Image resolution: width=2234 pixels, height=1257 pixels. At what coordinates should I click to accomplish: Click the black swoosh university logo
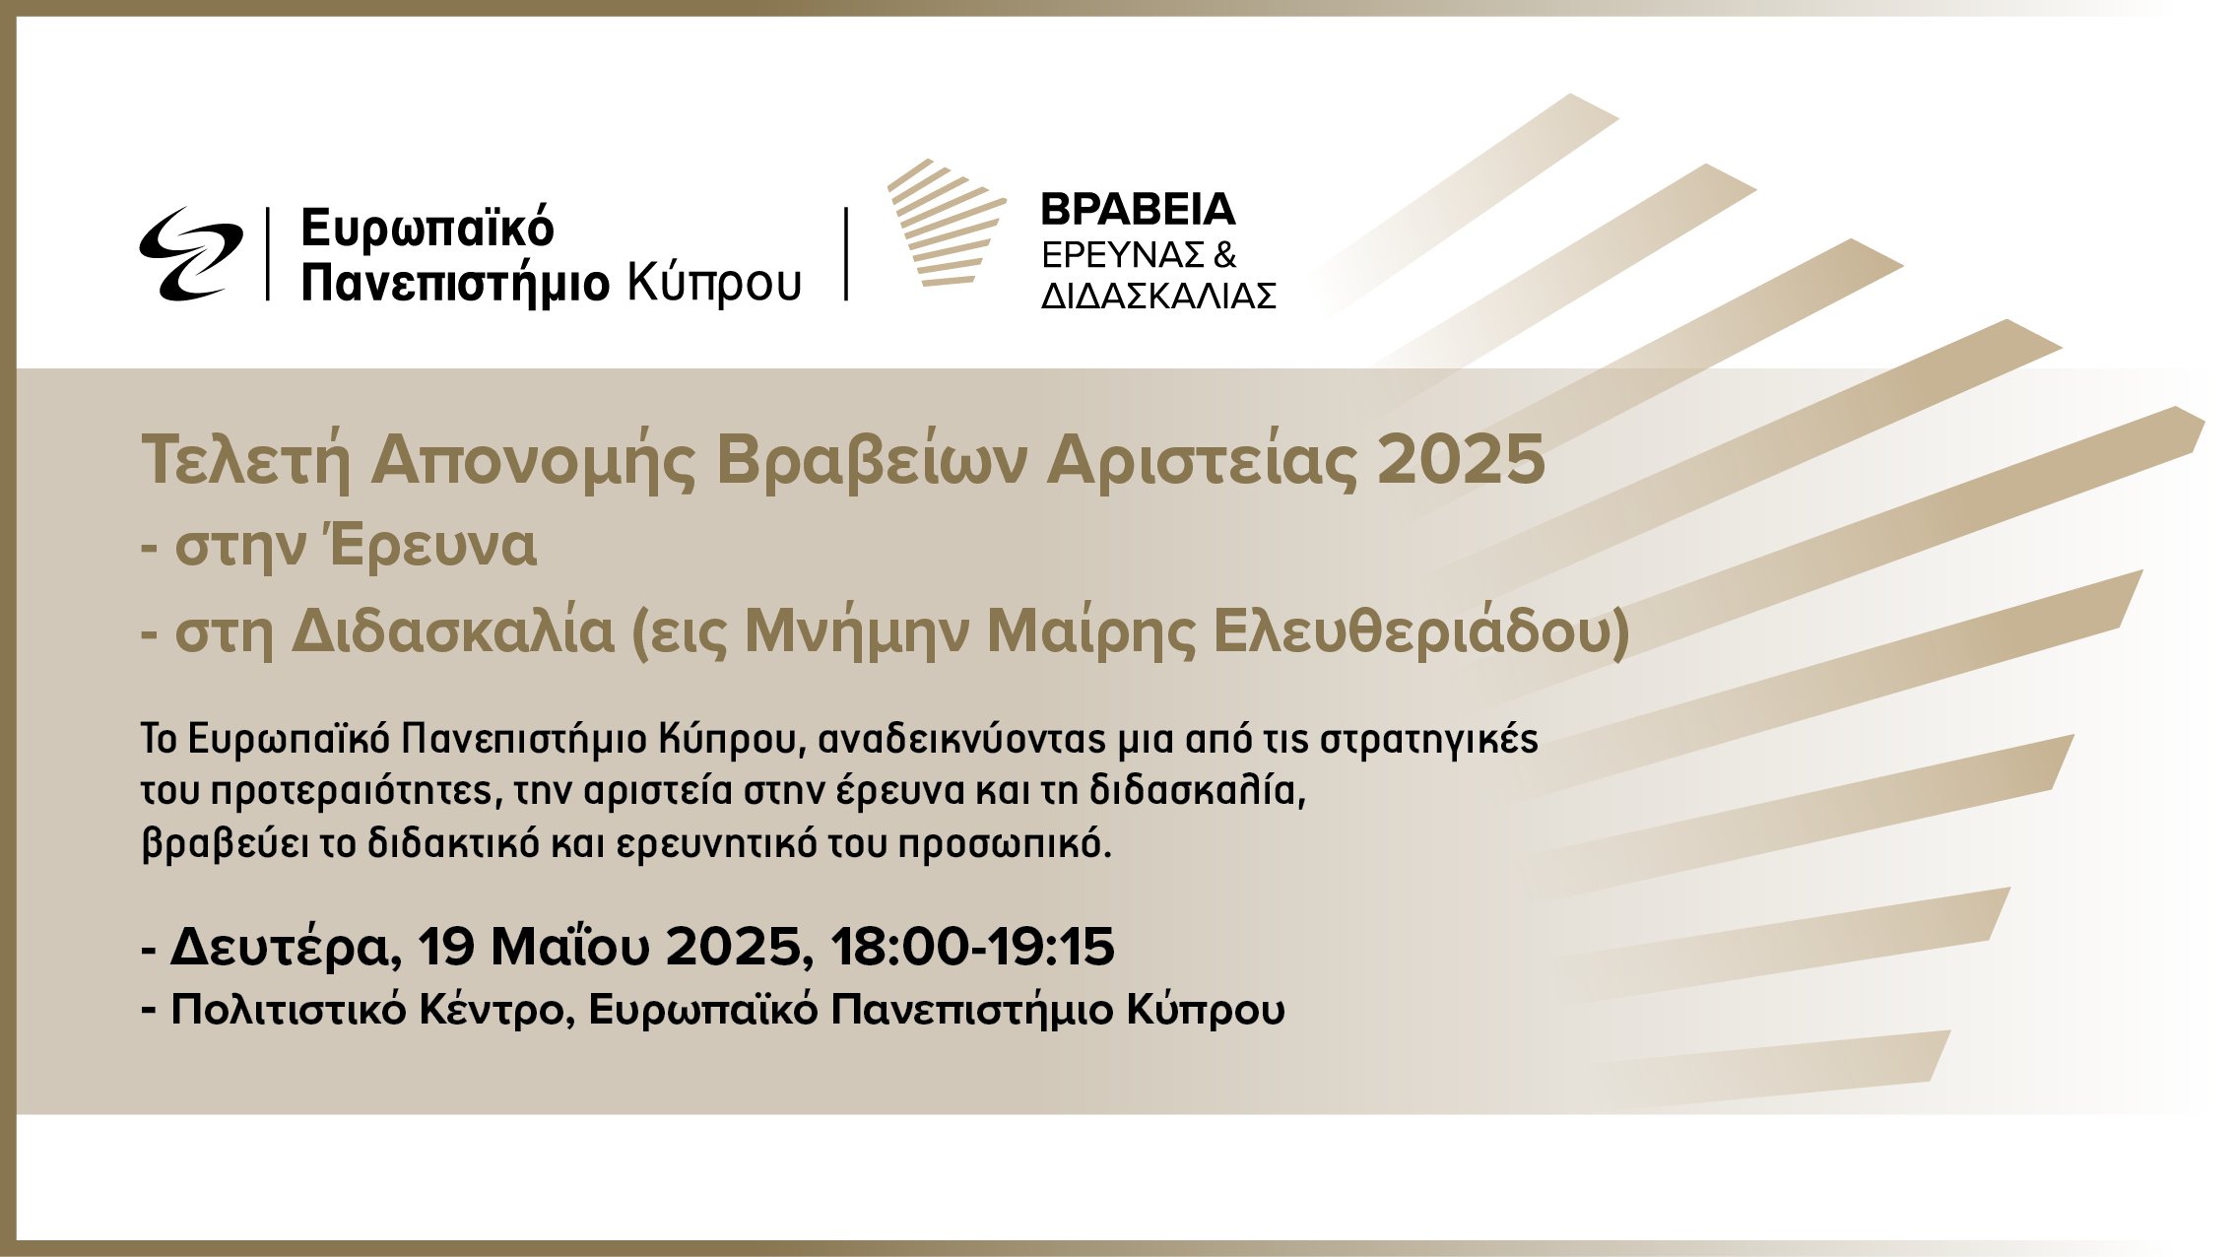(x=191, y=253)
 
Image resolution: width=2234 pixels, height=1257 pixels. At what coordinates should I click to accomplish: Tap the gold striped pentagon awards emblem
(x=947, y=224)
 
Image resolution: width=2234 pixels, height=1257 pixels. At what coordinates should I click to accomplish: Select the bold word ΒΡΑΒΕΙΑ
(x=1138, y=209)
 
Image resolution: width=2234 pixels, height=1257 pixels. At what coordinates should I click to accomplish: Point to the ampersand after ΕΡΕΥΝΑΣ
(x=1224, y=255)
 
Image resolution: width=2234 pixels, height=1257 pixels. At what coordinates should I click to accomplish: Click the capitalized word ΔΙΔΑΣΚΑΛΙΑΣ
(x=1158, y=296)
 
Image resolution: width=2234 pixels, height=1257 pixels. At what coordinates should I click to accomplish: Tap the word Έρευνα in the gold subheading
(x=433, y=546)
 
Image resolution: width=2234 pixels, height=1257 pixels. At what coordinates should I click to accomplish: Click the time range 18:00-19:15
(x=973, y=947)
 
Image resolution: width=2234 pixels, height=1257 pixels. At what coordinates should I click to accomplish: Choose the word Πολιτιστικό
(x=289, y=1011)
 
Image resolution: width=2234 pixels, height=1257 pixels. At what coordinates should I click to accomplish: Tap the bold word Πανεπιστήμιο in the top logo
(x=456, y=284)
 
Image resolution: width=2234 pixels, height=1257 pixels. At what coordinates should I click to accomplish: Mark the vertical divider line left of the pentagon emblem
(x=846, y=253)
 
